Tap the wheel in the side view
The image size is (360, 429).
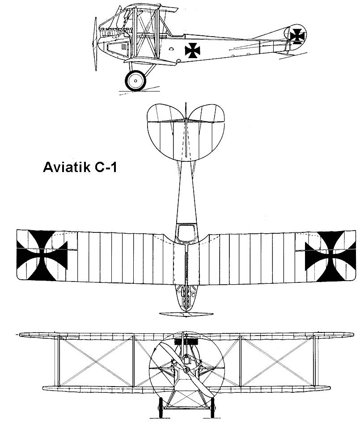pyautogui.click(x=136, y=81)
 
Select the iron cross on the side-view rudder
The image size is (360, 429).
pyautogui.click(x=297, y=35)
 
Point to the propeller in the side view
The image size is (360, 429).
pyautogui.click(x=95, y=42)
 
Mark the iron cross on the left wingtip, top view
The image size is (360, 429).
pyautogui.click(x=42, y=253)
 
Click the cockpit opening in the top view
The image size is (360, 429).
pyautogui.click(x=186, y=232)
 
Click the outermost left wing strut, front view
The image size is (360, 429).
pyautogui.click(x=58, y=360)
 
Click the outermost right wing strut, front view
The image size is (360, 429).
pyautogui.click(x=315, y=360)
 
